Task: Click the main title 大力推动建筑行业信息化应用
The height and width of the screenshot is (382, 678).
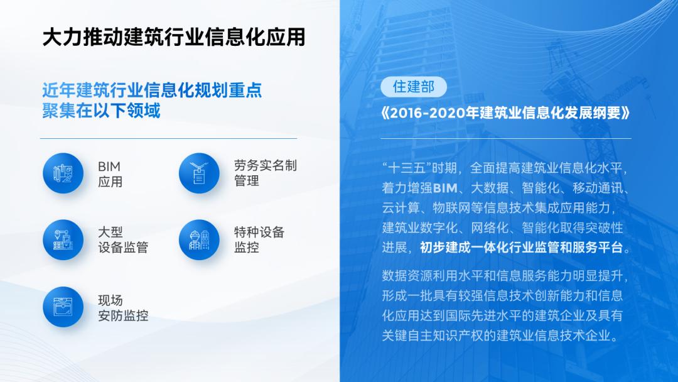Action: pyautogui.click(x=173, y=36)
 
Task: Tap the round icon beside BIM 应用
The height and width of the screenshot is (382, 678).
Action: pyautogui.click(x=63, y=173)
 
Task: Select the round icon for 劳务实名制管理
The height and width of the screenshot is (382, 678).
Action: pyautogui.click(x=199, y=173)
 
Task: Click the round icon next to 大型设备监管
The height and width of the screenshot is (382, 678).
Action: pyautogui.click(x=63, y=240)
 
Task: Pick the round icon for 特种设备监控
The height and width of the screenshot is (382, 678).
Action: pyautogui.click(x=199, y=240)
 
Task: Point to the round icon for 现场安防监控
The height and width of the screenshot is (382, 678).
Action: pyautogui.click(x=63, y=307)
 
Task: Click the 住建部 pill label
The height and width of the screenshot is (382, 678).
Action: pyautogui.click(x=414, y=87)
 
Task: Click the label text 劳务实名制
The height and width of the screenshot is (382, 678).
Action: pyautogui.click(x=266, y=166)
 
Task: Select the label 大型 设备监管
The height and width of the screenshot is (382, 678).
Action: pyautogui.click(x=123, y=240)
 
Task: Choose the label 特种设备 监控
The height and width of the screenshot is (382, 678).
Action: pyautogui.click(x=259, y=240)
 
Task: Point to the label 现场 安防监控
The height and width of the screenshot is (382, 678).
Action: pyautogui.click(x=123, y=308)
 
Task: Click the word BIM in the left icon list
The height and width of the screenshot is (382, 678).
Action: pyautogui.click(x=109, y=166)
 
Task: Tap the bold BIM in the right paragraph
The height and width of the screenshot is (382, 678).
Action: pyautogui.click(x=446, y=188)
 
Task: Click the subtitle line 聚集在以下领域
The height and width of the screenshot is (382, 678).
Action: pyautogui.click(x=101, y=111)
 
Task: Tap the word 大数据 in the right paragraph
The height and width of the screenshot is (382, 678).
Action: pyautogui.click(x=493, y=188)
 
